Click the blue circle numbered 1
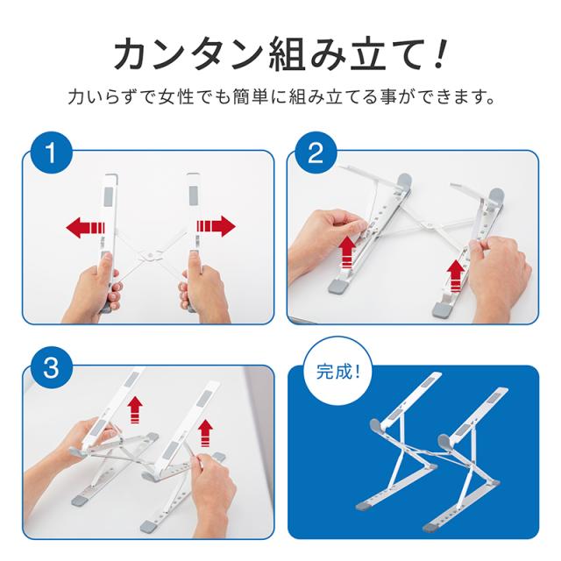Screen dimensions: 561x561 pos(51,153)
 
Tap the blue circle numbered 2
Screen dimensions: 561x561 pos(316,153)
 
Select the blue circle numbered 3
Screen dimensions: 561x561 pos(51,367)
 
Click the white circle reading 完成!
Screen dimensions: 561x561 pos(337,372)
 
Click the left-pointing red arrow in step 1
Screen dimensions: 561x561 pos(85,227)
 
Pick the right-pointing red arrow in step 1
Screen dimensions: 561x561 pos(216,226)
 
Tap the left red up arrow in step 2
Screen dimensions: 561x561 pos(347,252)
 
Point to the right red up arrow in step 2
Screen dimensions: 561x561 pos(455,276)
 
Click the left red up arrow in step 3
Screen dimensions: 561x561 pos(135,409)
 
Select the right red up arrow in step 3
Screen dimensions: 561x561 pos(205,433)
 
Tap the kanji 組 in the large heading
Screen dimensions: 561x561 pos(288,54)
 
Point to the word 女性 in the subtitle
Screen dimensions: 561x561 pos(176,97)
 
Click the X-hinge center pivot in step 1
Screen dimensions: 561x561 pos(151,255)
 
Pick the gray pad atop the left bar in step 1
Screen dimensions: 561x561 pos(110,195)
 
